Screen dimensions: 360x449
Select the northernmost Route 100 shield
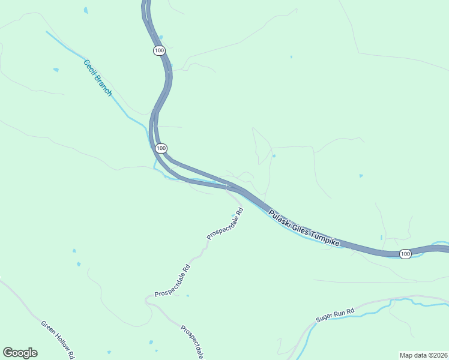158,51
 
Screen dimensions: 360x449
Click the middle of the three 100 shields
160,148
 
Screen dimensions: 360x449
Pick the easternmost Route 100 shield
405,254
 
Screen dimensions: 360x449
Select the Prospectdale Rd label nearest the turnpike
225,224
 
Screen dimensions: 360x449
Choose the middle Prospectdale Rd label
172,281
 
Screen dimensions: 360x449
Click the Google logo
20,353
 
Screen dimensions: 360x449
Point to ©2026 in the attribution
436,355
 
